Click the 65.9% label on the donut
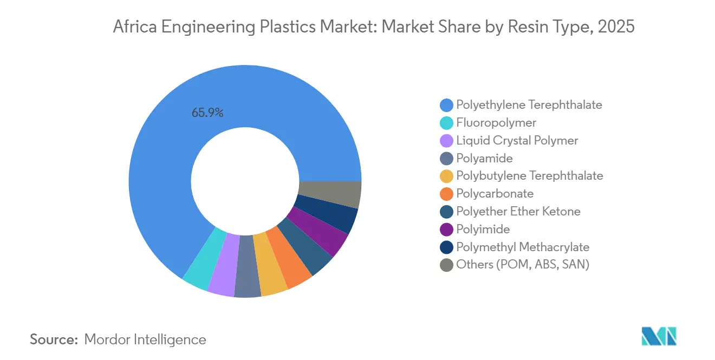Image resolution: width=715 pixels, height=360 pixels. [x=207, y=113]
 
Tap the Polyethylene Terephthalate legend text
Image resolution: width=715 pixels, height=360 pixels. [x=529, y=104]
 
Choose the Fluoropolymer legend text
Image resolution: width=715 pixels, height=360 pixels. [x=496, y=122]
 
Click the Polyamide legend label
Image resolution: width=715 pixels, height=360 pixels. [x=484, y=158]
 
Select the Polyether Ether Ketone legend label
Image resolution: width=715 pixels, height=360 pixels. [x=518, y=211]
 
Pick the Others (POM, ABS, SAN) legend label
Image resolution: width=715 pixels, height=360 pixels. [x=522, y=265]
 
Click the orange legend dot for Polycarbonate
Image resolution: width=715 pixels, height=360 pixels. [x=446, y=194]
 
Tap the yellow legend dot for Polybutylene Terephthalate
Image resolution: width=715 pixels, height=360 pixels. [x=446, y=176]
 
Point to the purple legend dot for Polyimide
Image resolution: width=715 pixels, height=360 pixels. [x=446, y=230]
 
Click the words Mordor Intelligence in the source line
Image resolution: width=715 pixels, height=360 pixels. [x=145, y=339]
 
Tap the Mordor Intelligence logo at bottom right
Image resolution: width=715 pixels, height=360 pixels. [x=659, y=336]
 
